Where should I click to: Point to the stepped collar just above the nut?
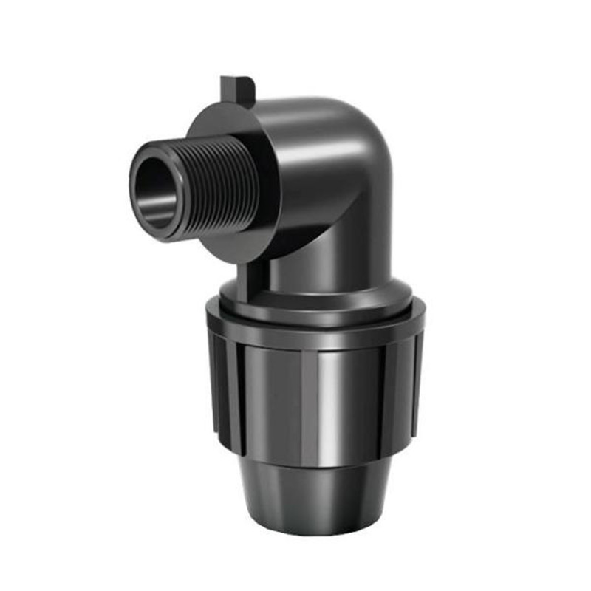point(318,299)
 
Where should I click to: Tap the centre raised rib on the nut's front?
point(310,406)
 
